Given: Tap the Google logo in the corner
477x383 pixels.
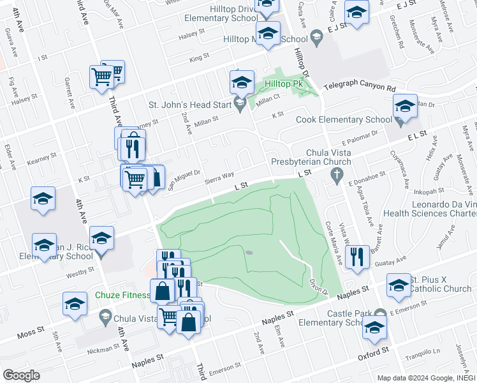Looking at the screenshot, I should tap(22, 375).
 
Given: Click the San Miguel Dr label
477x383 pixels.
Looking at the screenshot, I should tap(184, 179).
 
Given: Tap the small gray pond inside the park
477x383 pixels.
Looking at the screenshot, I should tap(248, 253).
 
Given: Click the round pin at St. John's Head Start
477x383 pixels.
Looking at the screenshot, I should tap(240, 103).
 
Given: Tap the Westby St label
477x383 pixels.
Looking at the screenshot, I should tap(80, 276).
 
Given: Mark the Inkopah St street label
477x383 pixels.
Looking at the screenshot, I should tap(429, 191).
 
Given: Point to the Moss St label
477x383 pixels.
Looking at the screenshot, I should tap(29, 334).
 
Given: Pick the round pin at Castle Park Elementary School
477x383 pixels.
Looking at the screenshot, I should tap(381, 313).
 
